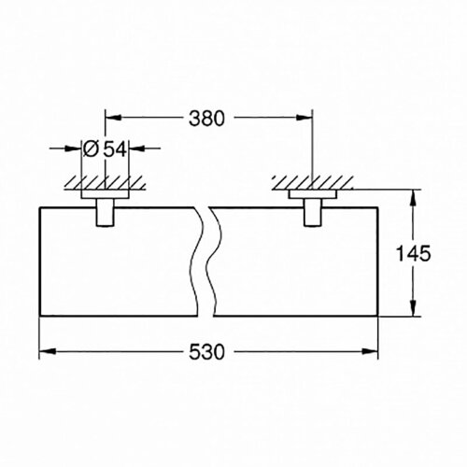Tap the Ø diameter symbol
[92, 149]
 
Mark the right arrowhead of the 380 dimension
[305, 119]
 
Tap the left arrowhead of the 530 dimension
[44, 352]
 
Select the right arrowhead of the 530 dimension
[373, 352]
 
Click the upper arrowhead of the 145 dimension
[410, 198]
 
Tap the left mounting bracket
[106, 209]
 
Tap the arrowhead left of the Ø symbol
[75, 149]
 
